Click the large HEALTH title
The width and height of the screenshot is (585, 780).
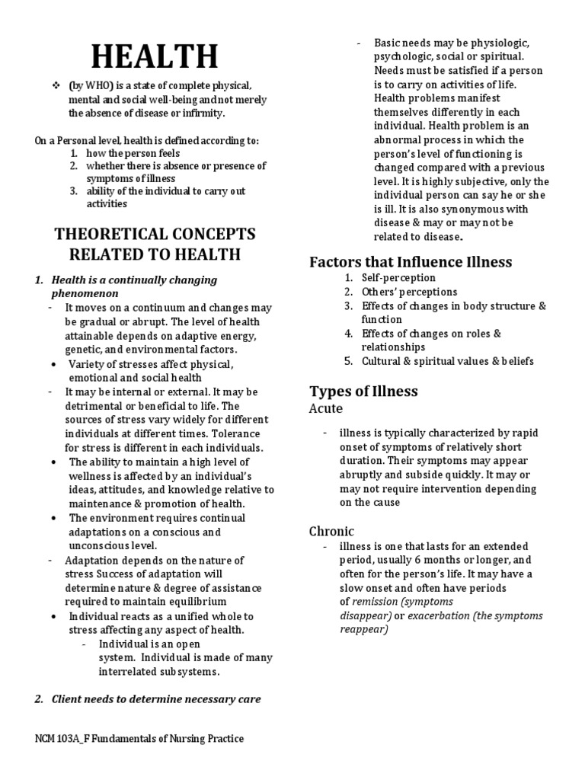pyautogui.click(x=154, y=57)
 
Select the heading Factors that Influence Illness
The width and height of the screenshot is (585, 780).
pyautogui.click(x=411, y=262)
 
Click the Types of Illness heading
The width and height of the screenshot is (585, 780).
pyautogui.click(x=363, y=392)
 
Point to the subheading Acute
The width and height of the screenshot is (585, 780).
pyautogui.click(x=326, y=409)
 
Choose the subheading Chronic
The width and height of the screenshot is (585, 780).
pyautogui.click(x=331, y=531)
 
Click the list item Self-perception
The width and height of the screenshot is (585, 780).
pyautogui.click(x=398, y=278)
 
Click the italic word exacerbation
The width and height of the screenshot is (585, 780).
pyautogui.click(x=439, y=615)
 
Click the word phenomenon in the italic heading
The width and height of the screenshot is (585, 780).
pyautogui.click(x=85, y=293)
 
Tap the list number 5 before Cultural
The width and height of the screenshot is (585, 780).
pyautogui.click(x=347, y=361)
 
